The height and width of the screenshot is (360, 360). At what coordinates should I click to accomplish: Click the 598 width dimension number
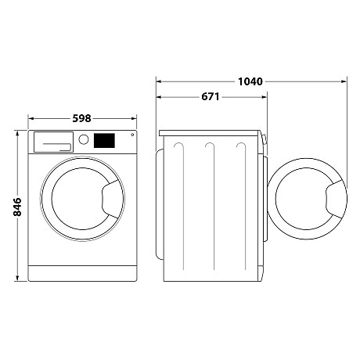pyautogui.click(x=81, y=118)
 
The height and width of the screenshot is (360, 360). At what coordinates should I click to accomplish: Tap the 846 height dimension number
pyautogui.click(x=16, y=207)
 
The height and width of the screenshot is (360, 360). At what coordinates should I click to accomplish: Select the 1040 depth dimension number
pyautogui.click(x=249, y=81)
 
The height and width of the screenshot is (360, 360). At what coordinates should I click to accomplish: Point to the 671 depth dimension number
pyautogui.click(x=209, y=97)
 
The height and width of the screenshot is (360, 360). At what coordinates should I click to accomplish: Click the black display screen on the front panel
pyautogui.click(x=104, y=141)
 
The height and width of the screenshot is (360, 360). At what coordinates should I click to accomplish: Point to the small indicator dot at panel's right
pyautogui.click(x=131, y=136)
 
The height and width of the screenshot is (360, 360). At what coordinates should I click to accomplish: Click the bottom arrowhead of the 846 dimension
pyautogui.click(x=16, y=279)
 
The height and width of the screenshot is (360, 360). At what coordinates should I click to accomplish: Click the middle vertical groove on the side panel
pyautogui.click(x=209, y=203)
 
